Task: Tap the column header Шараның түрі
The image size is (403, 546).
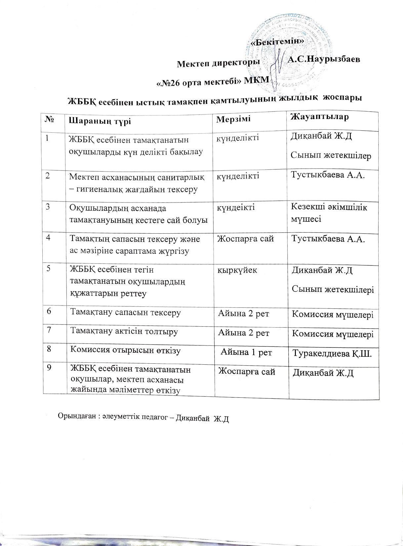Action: [100, 121]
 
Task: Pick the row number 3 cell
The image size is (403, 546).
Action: [48, 207]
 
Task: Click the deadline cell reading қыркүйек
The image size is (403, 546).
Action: [237, 270]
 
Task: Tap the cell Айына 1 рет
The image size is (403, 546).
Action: [246, 352]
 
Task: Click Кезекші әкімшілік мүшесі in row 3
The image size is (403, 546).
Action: [329, 212]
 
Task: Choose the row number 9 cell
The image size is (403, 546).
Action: [49, 368]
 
